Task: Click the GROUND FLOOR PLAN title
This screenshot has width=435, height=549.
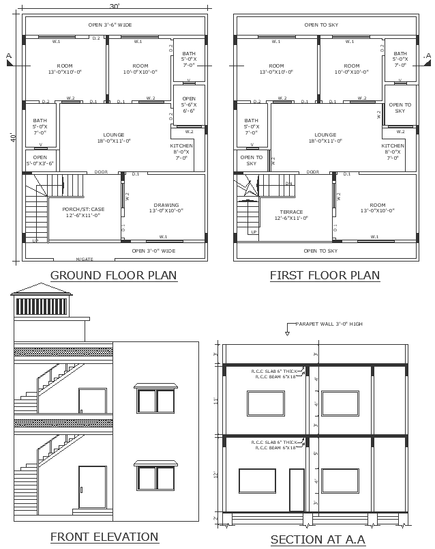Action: coord(114,276)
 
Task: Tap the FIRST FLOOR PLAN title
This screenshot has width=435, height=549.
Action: coord(325,276)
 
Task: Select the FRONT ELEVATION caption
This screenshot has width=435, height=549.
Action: coord(104,537)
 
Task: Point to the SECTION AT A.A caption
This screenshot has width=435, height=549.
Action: coord(318,539)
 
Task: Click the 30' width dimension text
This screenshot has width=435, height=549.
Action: coord(115,6)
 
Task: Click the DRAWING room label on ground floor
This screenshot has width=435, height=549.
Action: coord(166,205)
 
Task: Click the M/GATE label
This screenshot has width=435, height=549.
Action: coord(85,259)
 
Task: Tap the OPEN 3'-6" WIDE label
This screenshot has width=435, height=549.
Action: coord(110,25)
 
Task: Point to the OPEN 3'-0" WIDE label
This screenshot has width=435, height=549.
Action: coord(153,251)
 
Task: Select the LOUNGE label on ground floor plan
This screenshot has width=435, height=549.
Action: coord(114,135)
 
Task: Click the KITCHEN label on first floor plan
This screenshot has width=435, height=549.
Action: coord(393,145)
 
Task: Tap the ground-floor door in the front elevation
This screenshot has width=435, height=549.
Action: coord(92,489)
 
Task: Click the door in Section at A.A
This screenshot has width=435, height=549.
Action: coord(297,490)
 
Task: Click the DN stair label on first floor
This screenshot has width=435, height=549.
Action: coord(288,183)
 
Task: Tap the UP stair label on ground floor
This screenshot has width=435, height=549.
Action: coord(35,240)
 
